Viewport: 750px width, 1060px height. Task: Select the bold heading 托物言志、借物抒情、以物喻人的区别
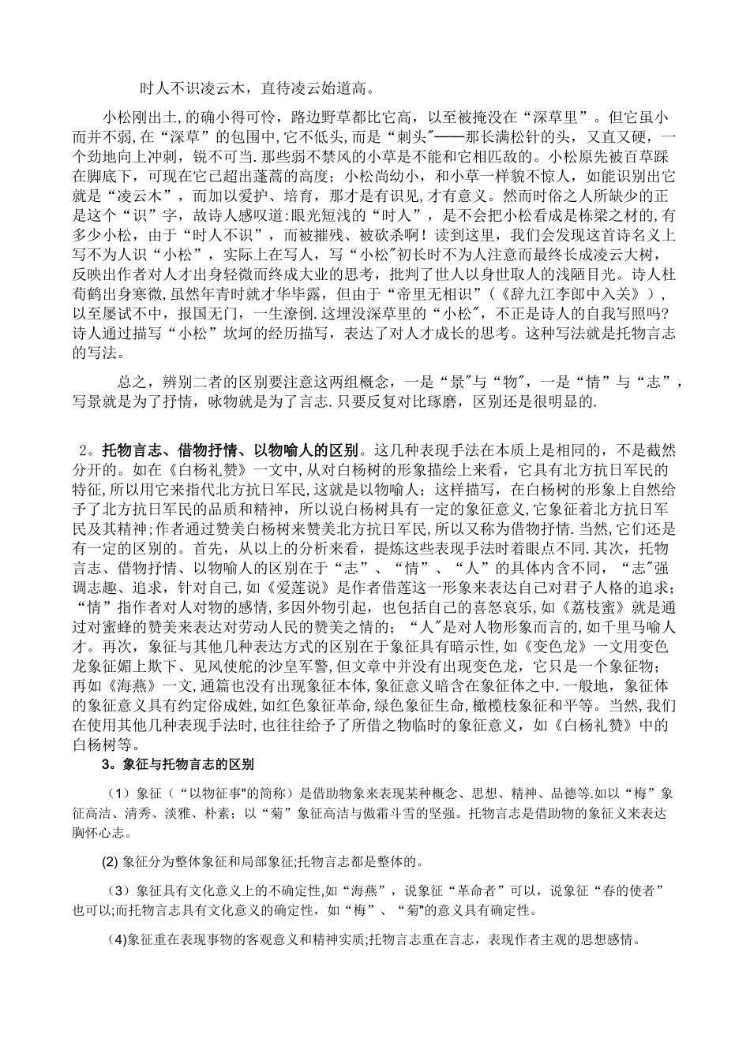click(231, 451)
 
